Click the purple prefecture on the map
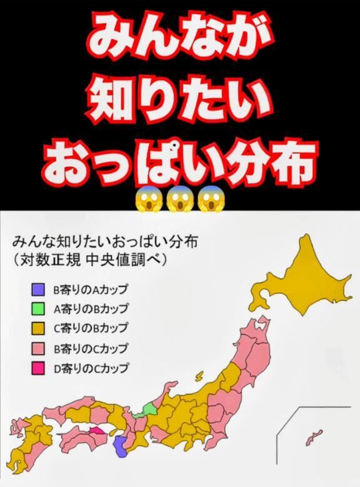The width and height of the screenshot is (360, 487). tap(122, 447)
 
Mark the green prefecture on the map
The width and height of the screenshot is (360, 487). tap(150, 410)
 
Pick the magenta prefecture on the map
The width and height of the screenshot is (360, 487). tap(97, 430)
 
